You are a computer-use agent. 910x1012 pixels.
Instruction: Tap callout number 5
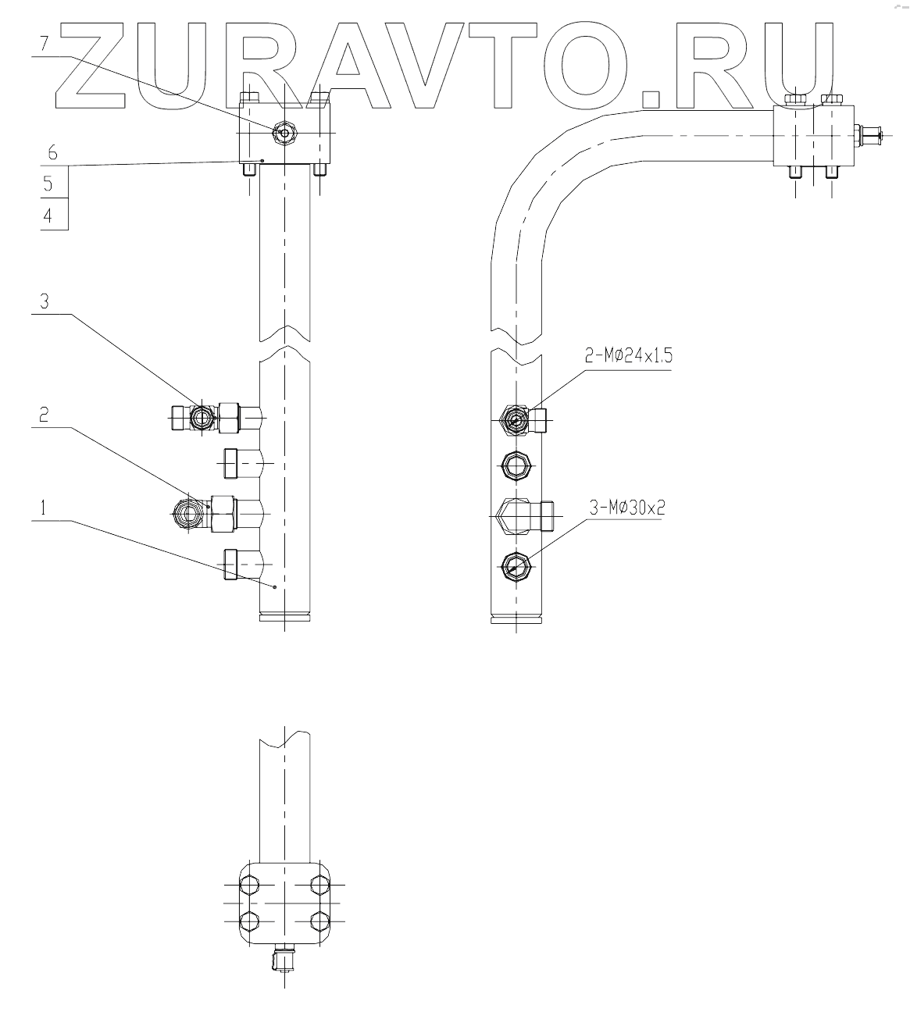coord(48,184)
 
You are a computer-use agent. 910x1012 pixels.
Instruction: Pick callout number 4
coord(48,216)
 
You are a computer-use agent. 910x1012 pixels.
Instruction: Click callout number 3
coord(44,301)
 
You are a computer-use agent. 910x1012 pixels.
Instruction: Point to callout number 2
coord(44,415)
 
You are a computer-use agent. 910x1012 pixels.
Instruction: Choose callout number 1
coord(44,508)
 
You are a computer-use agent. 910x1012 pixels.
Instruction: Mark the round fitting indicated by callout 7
coord(284,134)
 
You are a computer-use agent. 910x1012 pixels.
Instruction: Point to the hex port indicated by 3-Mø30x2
coord(516,565)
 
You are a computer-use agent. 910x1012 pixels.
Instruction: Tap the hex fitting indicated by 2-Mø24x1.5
coord(516,420)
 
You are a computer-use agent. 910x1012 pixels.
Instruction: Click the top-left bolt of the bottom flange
coord(248,885)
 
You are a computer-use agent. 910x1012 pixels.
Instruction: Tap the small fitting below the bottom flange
coord(283,958)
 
